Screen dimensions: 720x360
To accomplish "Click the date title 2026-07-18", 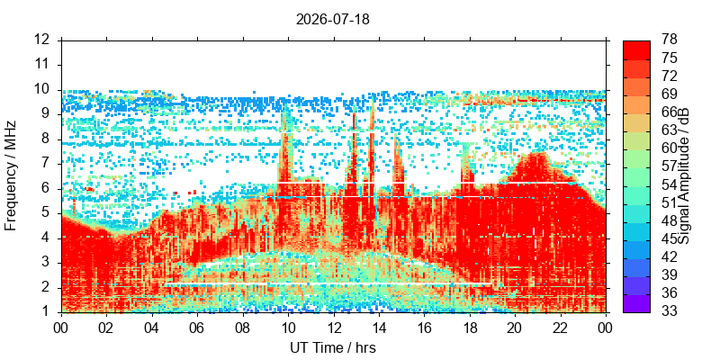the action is click(332, 20).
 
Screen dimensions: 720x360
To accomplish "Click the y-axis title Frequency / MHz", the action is click(11, 175).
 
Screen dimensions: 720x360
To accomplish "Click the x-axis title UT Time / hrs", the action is click(333, 347).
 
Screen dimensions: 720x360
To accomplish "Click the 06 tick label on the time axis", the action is click(197, 327).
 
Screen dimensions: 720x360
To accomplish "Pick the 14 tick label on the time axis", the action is click(379, 327).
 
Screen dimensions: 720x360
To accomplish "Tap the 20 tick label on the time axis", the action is click(515, 327).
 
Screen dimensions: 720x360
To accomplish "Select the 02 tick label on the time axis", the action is click(107, 327).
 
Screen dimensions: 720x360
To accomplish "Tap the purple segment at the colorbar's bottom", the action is click(636, 303).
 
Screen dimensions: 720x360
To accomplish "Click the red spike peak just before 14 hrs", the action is click(372, 102).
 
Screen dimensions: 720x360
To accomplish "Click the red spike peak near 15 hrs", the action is click(396, 138).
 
